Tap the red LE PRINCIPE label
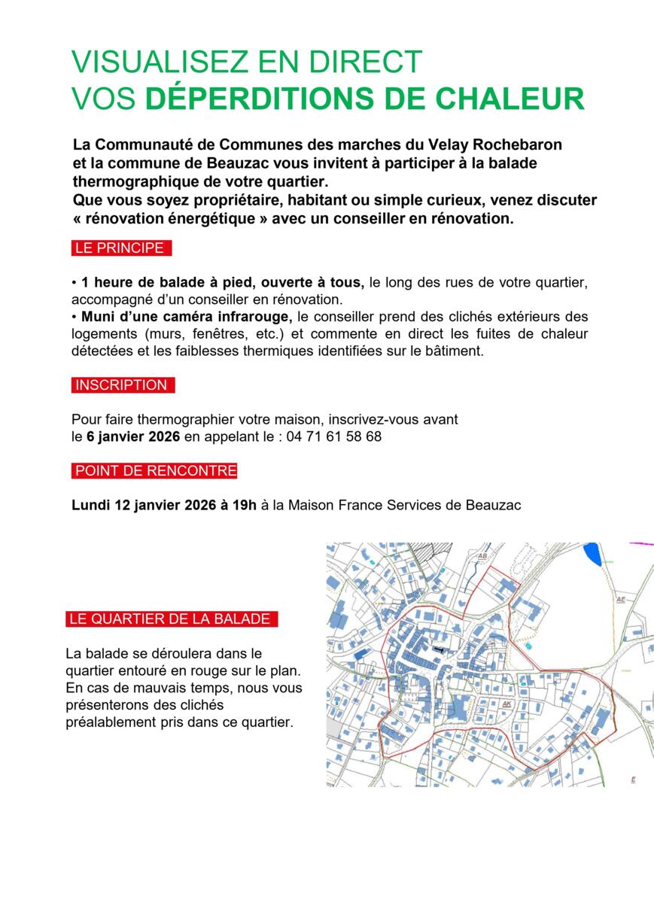[x=120, y=248]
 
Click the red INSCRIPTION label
[x=121, y=385]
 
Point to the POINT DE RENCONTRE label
[x=155, y=471]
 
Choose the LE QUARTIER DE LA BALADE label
[x=170, y=619]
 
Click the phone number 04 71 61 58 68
[x=333, y=436]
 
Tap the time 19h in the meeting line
[x=244, y=505]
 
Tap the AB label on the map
[x=483, y=556]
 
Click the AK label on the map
[x=506, y=704]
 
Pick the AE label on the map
[x=621, y=600]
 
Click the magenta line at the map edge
[x=642, y=543]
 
